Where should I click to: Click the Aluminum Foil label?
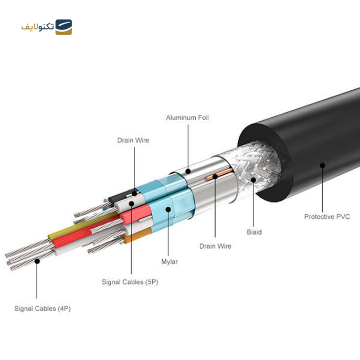187,118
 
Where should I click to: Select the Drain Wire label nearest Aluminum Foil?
133,140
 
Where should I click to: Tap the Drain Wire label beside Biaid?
215,246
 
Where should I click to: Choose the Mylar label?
168,261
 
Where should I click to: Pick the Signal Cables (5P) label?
130,282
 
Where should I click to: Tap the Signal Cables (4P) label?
43,309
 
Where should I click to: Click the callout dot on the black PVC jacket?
322,165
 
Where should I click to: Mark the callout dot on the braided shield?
253,180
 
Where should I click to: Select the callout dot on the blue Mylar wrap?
168,208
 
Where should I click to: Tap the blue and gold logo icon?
63,27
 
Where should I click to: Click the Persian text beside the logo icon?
37,27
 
